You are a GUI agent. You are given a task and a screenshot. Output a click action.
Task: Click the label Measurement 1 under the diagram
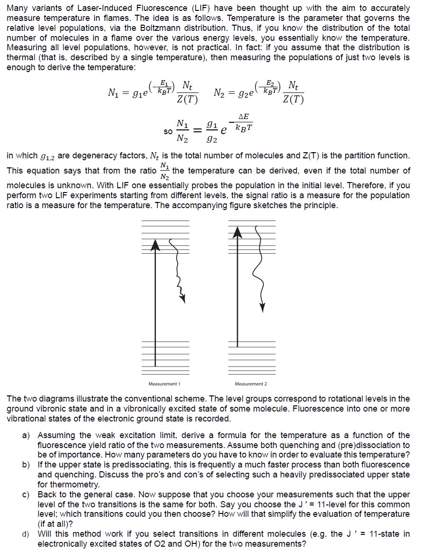[x=164, y=384]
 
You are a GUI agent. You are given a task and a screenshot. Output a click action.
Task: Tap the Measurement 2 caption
[x=251, y=384]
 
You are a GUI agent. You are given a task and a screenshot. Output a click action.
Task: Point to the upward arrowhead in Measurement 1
[x=154, y=244]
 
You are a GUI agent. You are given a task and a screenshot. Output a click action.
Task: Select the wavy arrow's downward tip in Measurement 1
[x=182, y=298]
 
